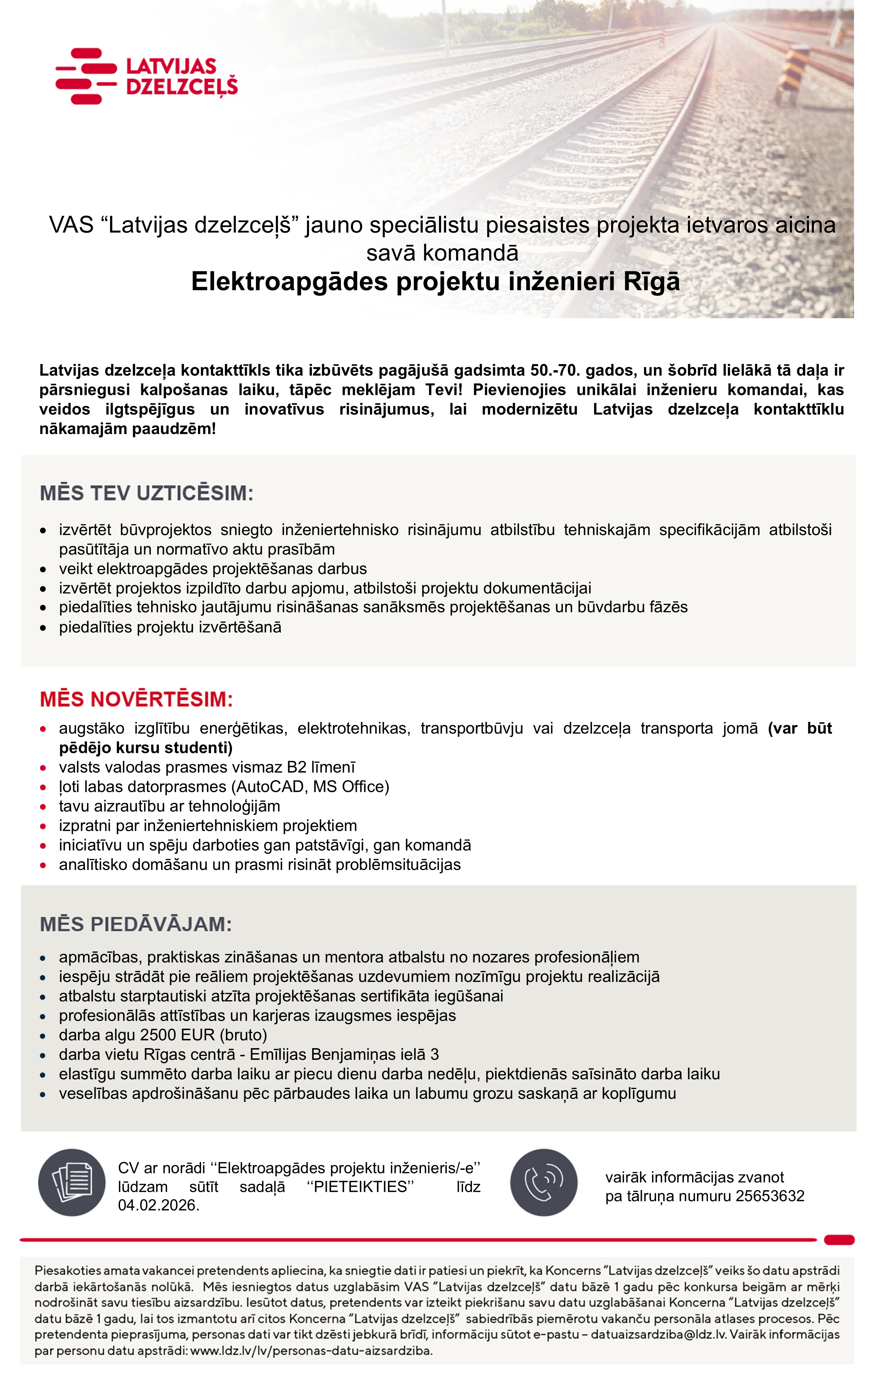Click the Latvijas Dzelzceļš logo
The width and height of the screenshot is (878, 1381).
tap(146, 76)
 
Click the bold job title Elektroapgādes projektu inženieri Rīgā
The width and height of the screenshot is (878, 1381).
tap(435, 282)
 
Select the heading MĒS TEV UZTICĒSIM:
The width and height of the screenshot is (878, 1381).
tap(146, 493)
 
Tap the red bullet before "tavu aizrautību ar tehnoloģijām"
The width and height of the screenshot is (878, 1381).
tap(43, 806)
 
